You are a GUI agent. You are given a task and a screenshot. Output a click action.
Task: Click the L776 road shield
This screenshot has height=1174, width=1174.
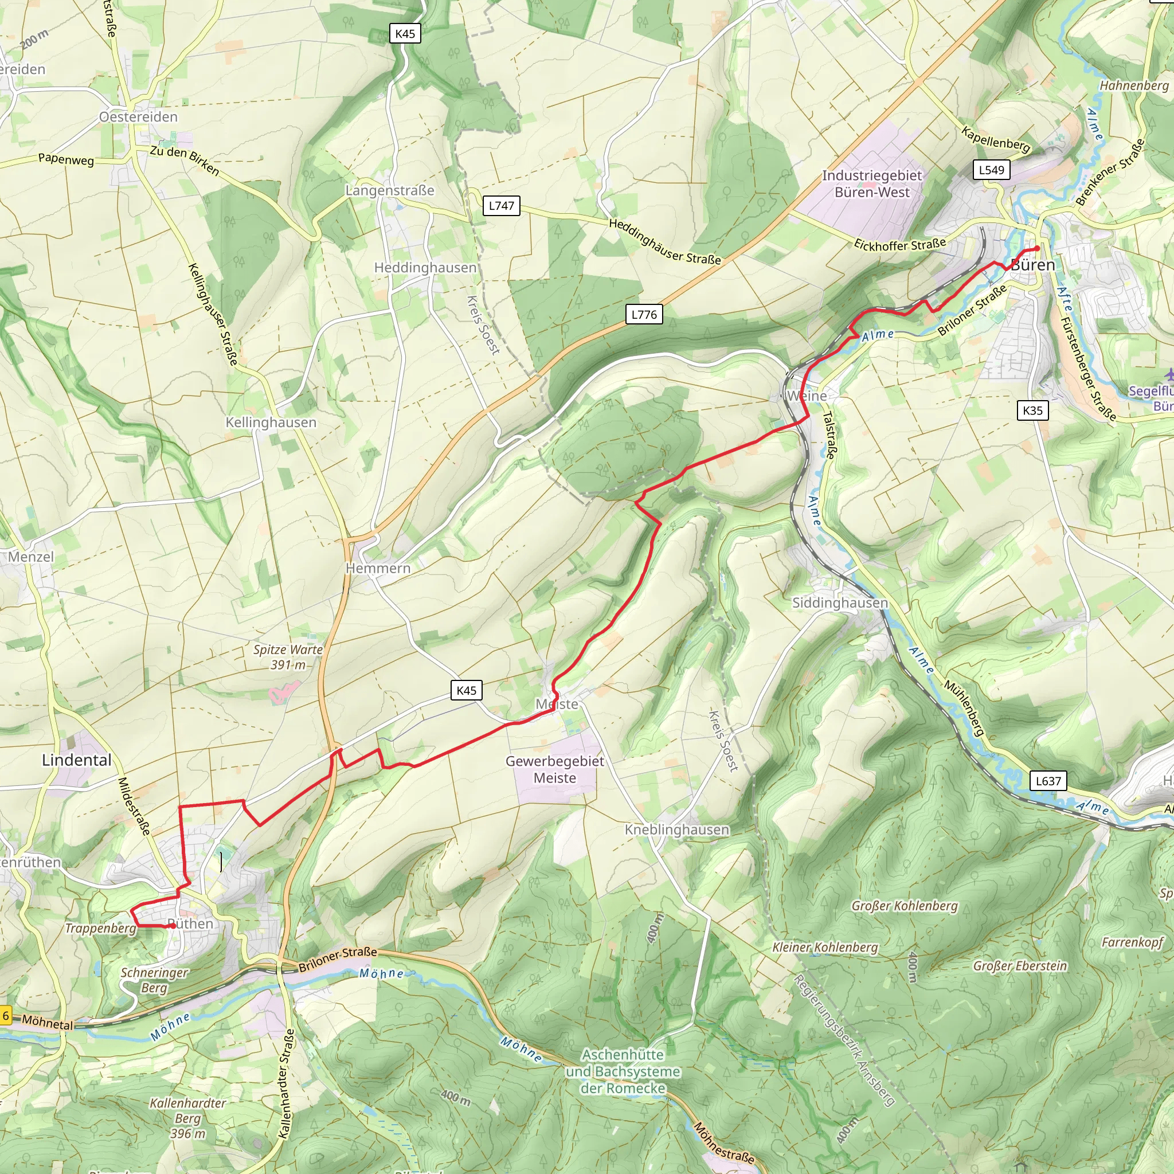[644, 315]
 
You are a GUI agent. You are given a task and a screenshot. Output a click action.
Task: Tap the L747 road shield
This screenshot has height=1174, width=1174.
[502, 206]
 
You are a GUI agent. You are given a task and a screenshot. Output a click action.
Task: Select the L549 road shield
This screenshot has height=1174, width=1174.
[991, 170]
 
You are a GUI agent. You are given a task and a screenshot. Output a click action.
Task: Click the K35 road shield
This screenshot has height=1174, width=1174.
[1032, 411]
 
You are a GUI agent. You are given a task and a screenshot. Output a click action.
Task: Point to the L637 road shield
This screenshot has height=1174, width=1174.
[1048, 781]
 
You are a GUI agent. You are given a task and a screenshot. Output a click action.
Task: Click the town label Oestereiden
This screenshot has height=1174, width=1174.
[139, 117]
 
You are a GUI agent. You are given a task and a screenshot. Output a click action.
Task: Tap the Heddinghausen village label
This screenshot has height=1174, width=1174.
[425, 268]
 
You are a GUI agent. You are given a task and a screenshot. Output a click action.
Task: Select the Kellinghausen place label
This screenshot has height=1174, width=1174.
[271, 422]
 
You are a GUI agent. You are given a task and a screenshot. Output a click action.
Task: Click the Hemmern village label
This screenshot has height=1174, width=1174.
[378, 568]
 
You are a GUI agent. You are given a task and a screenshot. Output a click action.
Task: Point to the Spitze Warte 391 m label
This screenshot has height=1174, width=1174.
[288, 657]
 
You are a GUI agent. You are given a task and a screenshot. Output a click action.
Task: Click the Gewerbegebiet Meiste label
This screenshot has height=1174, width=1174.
[555, 769]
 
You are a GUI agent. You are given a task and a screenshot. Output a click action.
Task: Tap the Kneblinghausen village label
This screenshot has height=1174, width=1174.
[677, 829]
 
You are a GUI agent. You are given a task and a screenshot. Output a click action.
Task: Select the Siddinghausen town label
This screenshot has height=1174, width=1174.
[840, 603]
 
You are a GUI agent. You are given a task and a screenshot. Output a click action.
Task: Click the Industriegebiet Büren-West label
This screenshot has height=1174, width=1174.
[872, 184]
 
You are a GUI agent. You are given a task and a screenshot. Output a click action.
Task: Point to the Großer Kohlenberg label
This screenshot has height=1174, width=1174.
[904, 906]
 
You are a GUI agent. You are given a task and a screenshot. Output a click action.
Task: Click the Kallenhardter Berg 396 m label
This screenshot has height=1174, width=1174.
[188, 1118]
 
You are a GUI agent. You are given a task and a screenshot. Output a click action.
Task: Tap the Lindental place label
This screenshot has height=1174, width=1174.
[77, 760]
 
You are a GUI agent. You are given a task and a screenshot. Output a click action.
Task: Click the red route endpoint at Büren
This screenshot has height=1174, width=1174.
[1037, 249]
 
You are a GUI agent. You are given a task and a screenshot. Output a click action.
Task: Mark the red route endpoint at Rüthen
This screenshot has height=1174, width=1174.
[173, 926]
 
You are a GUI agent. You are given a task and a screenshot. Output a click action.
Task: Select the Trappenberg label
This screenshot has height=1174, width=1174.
[101, 929]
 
